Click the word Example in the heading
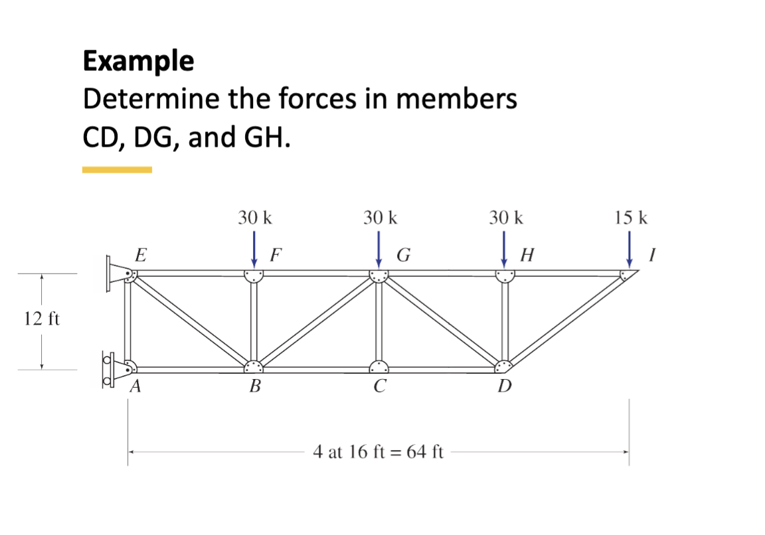pyautogui.click(x=138, y=61)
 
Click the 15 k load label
pyautogui.click(x=632, y=218)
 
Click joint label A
pyautogui.click(x=134, y=388)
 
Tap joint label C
pyautogui.click(x=379, y=387)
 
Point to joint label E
pyautogui.click(x=140, y=254)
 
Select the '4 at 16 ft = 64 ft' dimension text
pyautogui.click(x=379, y=453)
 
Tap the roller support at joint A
pyautogui.click(x=113, y=368)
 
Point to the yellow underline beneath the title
pyautogui.click(x=117, y=170)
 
